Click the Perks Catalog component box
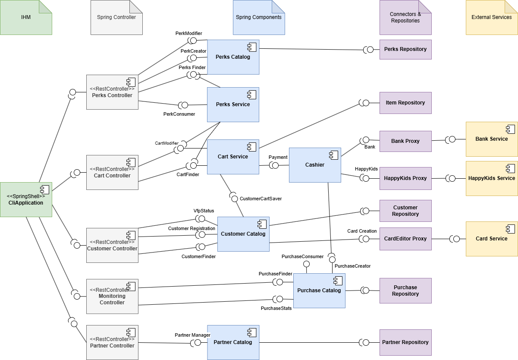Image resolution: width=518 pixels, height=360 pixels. (x=233, y=57)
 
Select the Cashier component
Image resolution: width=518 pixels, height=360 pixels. (x=315, y=165)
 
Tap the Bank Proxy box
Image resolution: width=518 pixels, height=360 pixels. (x=405, y=141)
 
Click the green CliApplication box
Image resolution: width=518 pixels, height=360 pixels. (x=26, y=199)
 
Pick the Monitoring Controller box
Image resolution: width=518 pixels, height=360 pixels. (x=112, y=296)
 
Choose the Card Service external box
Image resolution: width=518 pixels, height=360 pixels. (x=492, y=239)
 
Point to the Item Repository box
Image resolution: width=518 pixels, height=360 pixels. (x=405, y=103)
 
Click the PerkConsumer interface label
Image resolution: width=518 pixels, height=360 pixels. (x=179, y=114)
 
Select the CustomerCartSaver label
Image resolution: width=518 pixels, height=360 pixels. (x=261, y=199)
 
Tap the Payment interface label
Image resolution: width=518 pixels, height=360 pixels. (x=278, y=157)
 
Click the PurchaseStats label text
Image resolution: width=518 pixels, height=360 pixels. (x=276, y=308)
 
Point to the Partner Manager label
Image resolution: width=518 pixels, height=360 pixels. (x=192, y=335)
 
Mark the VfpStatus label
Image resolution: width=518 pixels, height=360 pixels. (x=204, y=211)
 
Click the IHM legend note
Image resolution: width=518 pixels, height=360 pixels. (x=26, y=17)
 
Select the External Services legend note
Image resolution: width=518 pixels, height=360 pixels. (x=492, y=17)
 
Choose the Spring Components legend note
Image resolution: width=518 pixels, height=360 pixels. (x=259, y=17)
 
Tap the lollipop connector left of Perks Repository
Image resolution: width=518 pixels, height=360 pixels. (x=369, y=50)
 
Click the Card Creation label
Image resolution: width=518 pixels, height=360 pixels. (x=362, y=231)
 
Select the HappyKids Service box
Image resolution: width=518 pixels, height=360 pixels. (x=492, y=178)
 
